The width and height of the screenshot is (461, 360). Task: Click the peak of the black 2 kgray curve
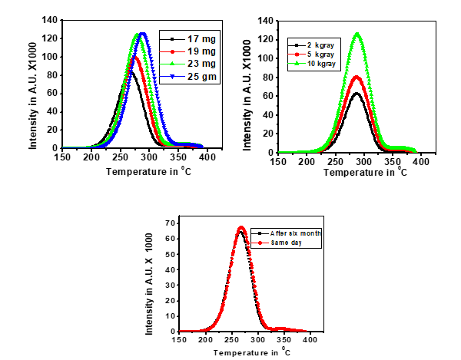click(356, 94)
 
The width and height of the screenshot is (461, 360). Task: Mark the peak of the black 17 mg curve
click(131, 73)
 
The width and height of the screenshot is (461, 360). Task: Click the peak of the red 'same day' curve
click(240, 227)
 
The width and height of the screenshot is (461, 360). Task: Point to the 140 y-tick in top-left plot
click(52, 20)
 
